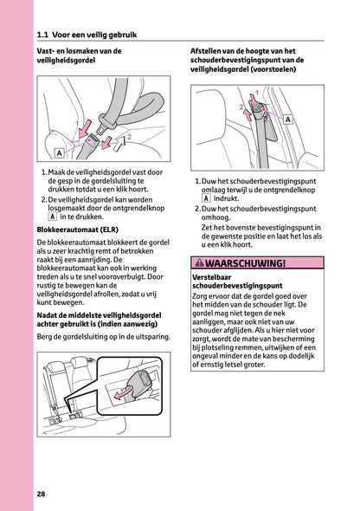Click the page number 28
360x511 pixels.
coord(42,493)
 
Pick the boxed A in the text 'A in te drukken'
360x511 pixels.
coord(54,217)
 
